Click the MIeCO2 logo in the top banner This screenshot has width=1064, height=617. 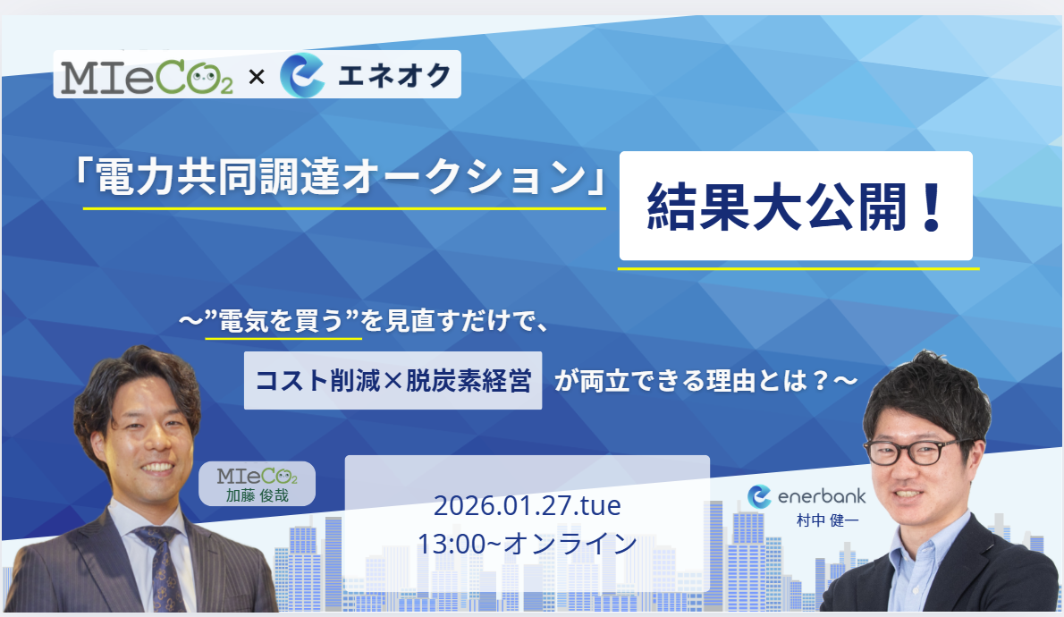147,77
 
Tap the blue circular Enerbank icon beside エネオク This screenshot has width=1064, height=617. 302,75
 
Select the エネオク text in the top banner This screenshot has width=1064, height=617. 393,75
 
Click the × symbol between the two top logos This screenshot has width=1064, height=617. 257,78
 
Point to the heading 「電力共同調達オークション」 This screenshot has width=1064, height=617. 339,177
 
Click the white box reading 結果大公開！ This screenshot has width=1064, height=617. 795,206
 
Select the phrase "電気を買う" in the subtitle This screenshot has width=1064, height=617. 283,320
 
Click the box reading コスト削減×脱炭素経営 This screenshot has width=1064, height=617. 393,380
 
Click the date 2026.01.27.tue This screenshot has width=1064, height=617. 528,506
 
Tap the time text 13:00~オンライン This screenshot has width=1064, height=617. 528,544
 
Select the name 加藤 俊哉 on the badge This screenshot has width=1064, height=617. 258,495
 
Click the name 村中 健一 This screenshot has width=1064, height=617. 827,520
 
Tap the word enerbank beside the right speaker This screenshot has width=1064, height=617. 821,496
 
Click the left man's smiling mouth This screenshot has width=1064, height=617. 158,468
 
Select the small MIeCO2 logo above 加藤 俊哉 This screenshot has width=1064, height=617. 258,476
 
